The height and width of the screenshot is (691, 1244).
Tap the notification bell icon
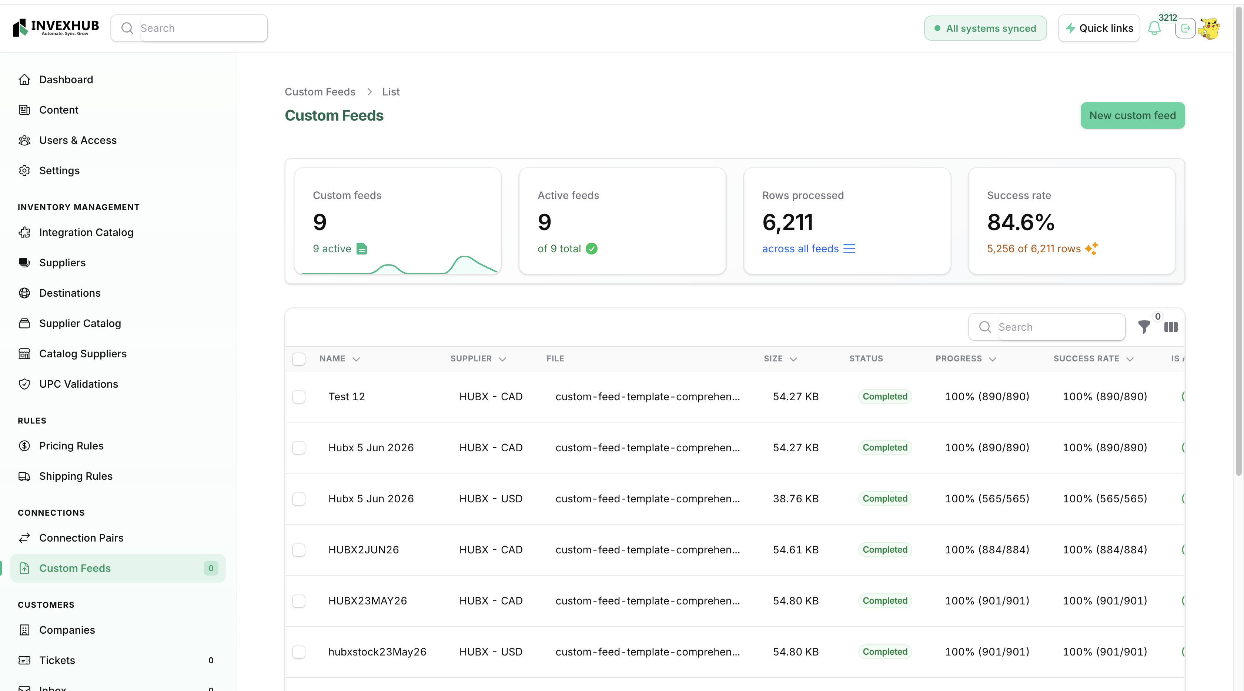coord(1154,28)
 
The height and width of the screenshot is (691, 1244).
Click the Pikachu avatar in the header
coord(1209,28)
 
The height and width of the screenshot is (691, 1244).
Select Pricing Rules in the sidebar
coord(71,445)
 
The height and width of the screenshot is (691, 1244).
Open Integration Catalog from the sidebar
coord(86,232)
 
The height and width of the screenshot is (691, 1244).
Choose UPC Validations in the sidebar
coord(78,384)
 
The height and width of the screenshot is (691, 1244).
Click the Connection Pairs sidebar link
coord(81,537)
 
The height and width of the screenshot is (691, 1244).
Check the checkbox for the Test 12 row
coord(299,397)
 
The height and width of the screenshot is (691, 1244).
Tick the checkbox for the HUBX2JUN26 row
coord(299,550)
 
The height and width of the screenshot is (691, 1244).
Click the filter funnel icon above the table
coord(1144,327)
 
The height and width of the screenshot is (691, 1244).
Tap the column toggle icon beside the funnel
coord(1171,327)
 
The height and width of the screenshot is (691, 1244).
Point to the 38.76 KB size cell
coord(795,499)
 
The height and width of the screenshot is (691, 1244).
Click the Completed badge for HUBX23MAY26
coord(885,601)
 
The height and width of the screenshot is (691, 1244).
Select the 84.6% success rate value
coord(1020,222)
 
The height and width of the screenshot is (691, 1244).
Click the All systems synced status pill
coord(985,28)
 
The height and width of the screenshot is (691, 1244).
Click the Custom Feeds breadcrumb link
coord(320,92)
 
